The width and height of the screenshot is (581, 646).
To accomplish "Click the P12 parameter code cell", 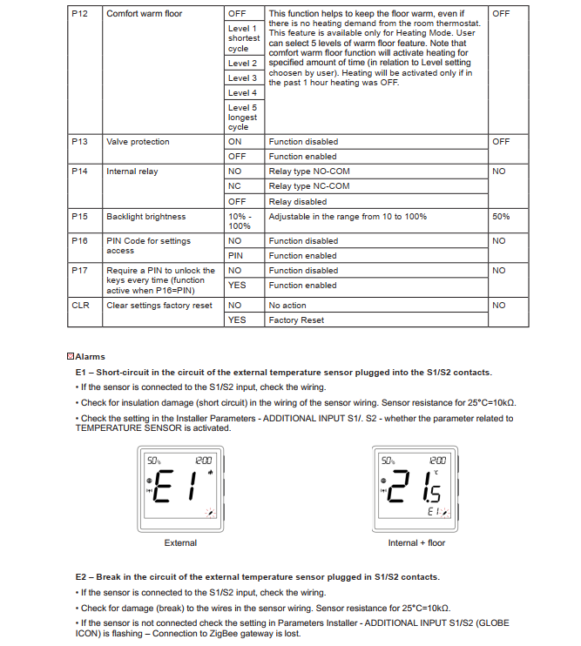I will point(79,14).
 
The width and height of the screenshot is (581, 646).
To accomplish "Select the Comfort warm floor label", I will point(144,14).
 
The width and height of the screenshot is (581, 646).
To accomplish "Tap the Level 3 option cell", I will point(242,78).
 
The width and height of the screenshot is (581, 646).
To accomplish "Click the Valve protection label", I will point(138,142).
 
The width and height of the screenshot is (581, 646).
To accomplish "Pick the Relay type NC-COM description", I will point(309,186).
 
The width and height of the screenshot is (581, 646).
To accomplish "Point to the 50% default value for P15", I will point(501,217).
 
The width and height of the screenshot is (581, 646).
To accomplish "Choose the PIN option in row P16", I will point(235,256).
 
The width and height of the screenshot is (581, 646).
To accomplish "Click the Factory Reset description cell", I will point(296,320).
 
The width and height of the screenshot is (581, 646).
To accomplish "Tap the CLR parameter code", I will point(80,306).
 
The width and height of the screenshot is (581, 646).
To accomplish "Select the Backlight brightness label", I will point(145,217).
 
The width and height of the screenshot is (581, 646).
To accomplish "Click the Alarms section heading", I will point(90,357).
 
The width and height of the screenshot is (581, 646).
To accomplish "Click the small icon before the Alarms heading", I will point(71,357).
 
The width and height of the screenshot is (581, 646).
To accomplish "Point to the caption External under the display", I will point(180,543).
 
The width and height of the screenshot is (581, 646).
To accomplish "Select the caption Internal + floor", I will point(416,543).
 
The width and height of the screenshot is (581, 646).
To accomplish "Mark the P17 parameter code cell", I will point(79,271).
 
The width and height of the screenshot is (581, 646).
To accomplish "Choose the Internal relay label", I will point(132,172).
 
